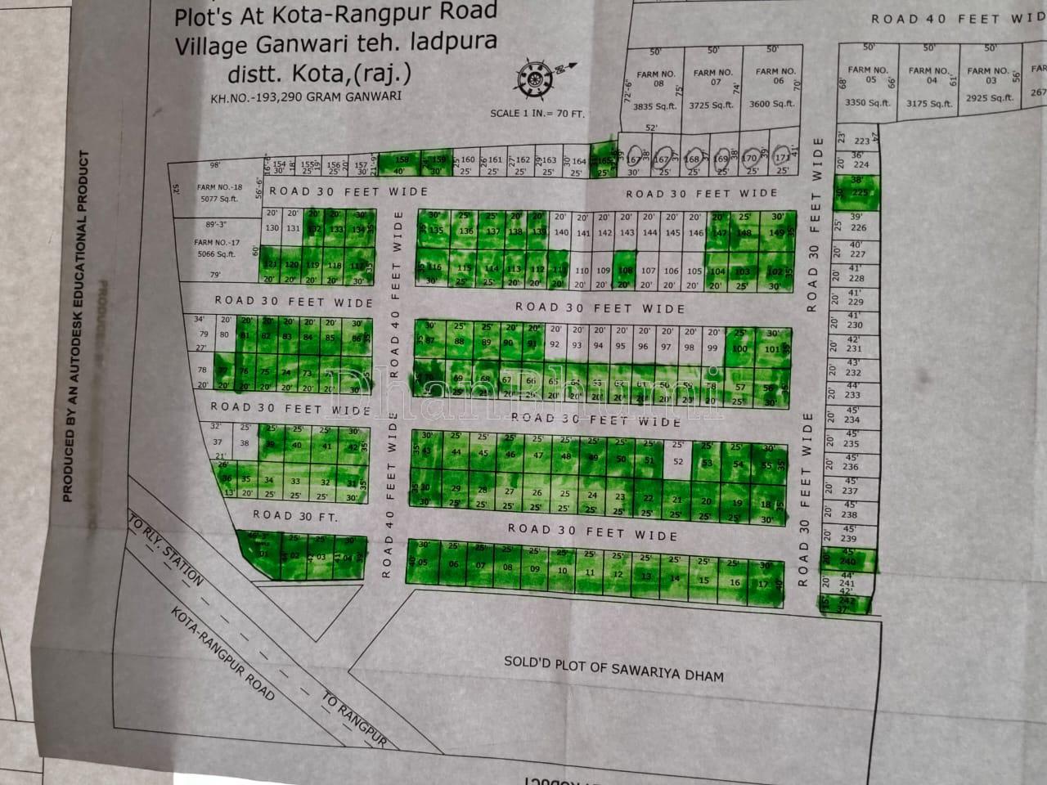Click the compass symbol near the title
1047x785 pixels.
(536, 77)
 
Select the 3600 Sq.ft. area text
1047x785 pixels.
(771, 104)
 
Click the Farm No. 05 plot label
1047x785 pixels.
(867, 74)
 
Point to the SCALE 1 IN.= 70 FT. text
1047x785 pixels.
(537, 114)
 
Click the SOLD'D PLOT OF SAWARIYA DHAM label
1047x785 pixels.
(613, 668)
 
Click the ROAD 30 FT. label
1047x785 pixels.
(294, 515)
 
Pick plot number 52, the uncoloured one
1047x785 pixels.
(677, 462)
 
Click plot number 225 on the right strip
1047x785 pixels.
(860, 193)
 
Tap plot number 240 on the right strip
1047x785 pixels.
(848, 562)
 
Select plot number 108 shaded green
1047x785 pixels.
(626, 271)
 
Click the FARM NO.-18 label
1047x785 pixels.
(219, 187)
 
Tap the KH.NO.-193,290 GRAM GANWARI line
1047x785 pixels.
(305, 96)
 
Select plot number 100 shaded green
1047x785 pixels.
(739, 349)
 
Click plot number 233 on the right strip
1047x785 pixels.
(852, 395)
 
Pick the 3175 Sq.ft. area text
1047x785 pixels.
(929, 104)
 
